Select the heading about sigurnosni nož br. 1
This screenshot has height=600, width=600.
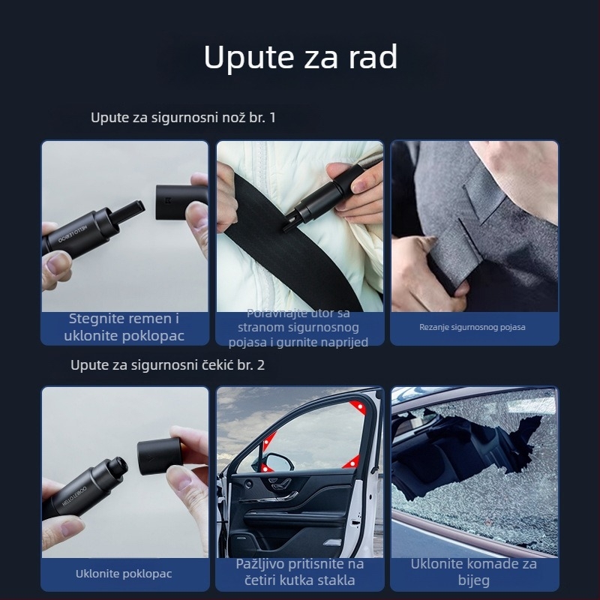(183, 118)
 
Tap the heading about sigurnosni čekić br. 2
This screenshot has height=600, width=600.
(167, 365)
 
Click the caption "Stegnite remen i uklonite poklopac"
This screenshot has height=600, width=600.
(124, 327)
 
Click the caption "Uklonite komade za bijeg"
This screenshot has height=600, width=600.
(473, 572)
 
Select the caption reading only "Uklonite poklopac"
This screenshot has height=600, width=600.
(124, 574)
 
